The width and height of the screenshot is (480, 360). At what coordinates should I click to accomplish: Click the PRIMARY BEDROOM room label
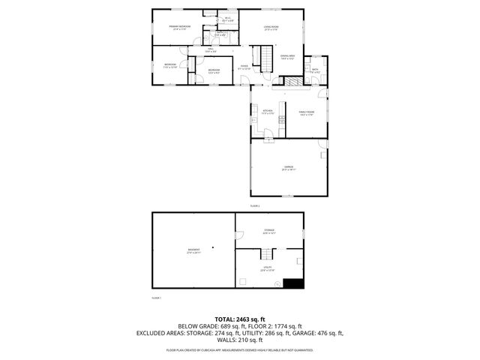[x=179, y=27]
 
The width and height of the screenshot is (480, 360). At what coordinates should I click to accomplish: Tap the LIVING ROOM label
[x=270, y=28]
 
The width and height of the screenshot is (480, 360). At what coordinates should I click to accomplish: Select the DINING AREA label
[x=286, y=56]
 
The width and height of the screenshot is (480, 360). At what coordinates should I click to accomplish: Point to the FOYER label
[x=244, y=67]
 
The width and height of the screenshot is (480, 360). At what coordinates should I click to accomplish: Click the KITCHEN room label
[x=267, y=112]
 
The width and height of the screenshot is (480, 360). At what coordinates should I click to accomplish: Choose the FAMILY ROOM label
[x=306, y=112]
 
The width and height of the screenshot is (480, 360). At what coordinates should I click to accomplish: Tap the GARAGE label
[x=288, y=166]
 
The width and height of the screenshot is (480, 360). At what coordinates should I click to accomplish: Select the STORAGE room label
[x=268, y=230]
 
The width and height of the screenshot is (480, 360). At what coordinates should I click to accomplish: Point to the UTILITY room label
[x=267, y=268]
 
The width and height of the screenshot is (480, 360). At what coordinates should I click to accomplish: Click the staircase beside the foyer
[x=265, y=55]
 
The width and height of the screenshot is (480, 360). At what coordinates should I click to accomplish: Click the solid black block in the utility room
[x=295, y=283]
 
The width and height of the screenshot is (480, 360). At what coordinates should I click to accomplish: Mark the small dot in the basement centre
[x=212, y=247]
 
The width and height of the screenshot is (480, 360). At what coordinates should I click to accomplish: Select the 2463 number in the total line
[x=238, y=319]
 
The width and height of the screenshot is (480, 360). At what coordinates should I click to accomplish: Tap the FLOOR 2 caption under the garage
[x=254, y=205]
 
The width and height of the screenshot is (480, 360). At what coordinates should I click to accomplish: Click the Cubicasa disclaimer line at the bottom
[x=240, y=349]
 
